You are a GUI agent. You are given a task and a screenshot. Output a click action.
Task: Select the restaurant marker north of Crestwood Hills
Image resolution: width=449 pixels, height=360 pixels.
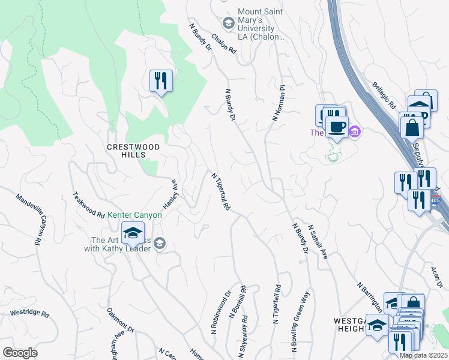160,80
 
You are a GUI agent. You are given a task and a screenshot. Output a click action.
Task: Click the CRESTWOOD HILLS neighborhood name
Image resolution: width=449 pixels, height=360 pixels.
133,151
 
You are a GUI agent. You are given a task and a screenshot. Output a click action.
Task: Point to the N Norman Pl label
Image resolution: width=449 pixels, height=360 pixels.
278,103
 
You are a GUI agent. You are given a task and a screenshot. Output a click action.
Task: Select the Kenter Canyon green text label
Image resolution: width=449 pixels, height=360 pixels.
135,215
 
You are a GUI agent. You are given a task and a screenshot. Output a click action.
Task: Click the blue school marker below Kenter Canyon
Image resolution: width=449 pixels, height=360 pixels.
133,233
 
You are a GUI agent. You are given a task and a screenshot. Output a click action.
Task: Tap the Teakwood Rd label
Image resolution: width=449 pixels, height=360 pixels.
88,205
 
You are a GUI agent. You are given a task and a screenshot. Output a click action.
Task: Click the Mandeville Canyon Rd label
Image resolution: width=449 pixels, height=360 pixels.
29,218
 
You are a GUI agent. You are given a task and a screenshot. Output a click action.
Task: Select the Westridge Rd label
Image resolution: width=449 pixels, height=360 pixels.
29,313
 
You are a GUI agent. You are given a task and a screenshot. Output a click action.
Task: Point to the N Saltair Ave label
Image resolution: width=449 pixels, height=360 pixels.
318,242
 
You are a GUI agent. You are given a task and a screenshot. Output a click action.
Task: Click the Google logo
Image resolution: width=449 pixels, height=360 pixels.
20,353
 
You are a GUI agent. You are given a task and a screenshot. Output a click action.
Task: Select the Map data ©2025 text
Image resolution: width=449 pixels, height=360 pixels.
423,355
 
